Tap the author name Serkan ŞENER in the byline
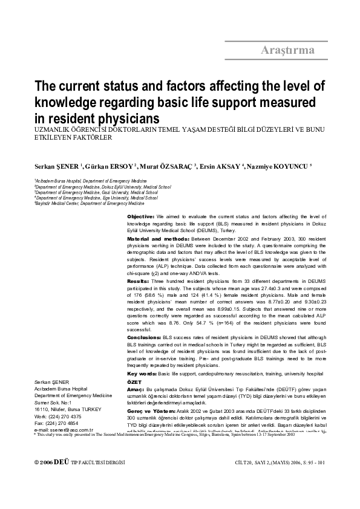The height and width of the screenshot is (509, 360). (55, 166)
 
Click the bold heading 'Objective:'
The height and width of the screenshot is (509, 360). (140, 216)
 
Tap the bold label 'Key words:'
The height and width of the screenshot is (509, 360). (141, 374)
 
